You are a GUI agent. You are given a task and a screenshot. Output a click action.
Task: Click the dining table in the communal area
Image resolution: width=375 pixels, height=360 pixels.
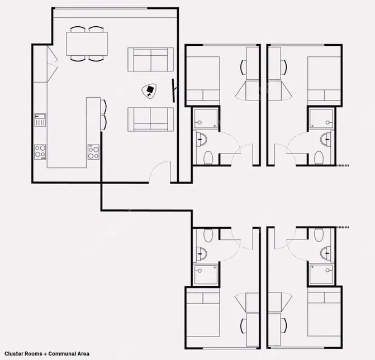pyautogui.click(x=87, y=44)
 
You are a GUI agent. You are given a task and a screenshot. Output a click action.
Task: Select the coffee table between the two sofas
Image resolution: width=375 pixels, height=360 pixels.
pyautogui.click(x=150, y=91)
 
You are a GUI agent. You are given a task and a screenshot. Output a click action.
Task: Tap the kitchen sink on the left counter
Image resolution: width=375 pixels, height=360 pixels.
pyautogui.click(x=40, y=120)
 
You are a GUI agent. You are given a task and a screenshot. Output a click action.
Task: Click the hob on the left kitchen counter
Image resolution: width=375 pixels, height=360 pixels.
pyautogui.click(x=40, y=152)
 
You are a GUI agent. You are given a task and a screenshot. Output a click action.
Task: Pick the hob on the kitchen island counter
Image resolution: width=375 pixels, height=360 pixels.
pyautogui.click(x=93, y=152)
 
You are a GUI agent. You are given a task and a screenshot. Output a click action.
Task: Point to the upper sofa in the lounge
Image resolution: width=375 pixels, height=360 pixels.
pyautogui.click(x=150, y=60)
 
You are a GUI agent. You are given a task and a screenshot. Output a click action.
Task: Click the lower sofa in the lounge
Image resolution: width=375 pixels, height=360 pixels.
pyautogui.click(x=150, y=119)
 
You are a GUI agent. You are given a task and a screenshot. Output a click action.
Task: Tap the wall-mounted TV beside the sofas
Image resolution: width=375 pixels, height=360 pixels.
pyautogui.click(x=174, y=91)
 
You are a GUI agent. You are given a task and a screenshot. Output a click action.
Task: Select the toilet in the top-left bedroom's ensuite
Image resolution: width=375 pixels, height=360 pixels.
pyautogui.click(x=208, y=157)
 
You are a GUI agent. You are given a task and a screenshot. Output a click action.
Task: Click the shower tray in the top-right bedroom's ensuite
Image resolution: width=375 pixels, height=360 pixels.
pyautogui.click(x=321, y=118)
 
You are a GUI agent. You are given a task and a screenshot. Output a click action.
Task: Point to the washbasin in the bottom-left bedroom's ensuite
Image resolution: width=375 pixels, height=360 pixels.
pyautogui.click(x=201, y=253)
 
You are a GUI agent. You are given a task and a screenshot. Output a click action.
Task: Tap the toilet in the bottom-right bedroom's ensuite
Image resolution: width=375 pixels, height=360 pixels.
pyautogui.click(x=319, y=235)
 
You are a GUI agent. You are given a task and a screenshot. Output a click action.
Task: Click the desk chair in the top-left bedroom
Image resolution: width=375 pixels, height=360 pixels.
pyautogui.click(x=243, y=67)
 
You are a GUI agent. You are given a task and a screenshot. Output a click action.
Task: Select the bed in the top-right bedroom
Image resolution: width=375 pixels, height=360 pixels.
pyautogui.click(x=324, y=81)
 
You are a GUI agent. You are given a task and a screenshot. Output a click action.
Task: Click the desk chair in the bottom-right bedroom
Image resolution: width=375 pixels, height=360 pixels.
pyautogui.click(x=284, y=326)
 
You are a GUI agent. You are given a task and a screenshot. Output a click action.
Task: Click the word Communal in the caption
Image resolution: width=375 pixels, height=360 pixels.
pyautogui.click(x=63, y=353)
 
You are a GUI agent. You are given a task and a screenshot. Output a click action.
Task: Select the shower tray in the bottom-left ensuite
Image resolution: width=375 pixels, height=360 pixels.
pyautogui.click(x=206, y=274)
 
